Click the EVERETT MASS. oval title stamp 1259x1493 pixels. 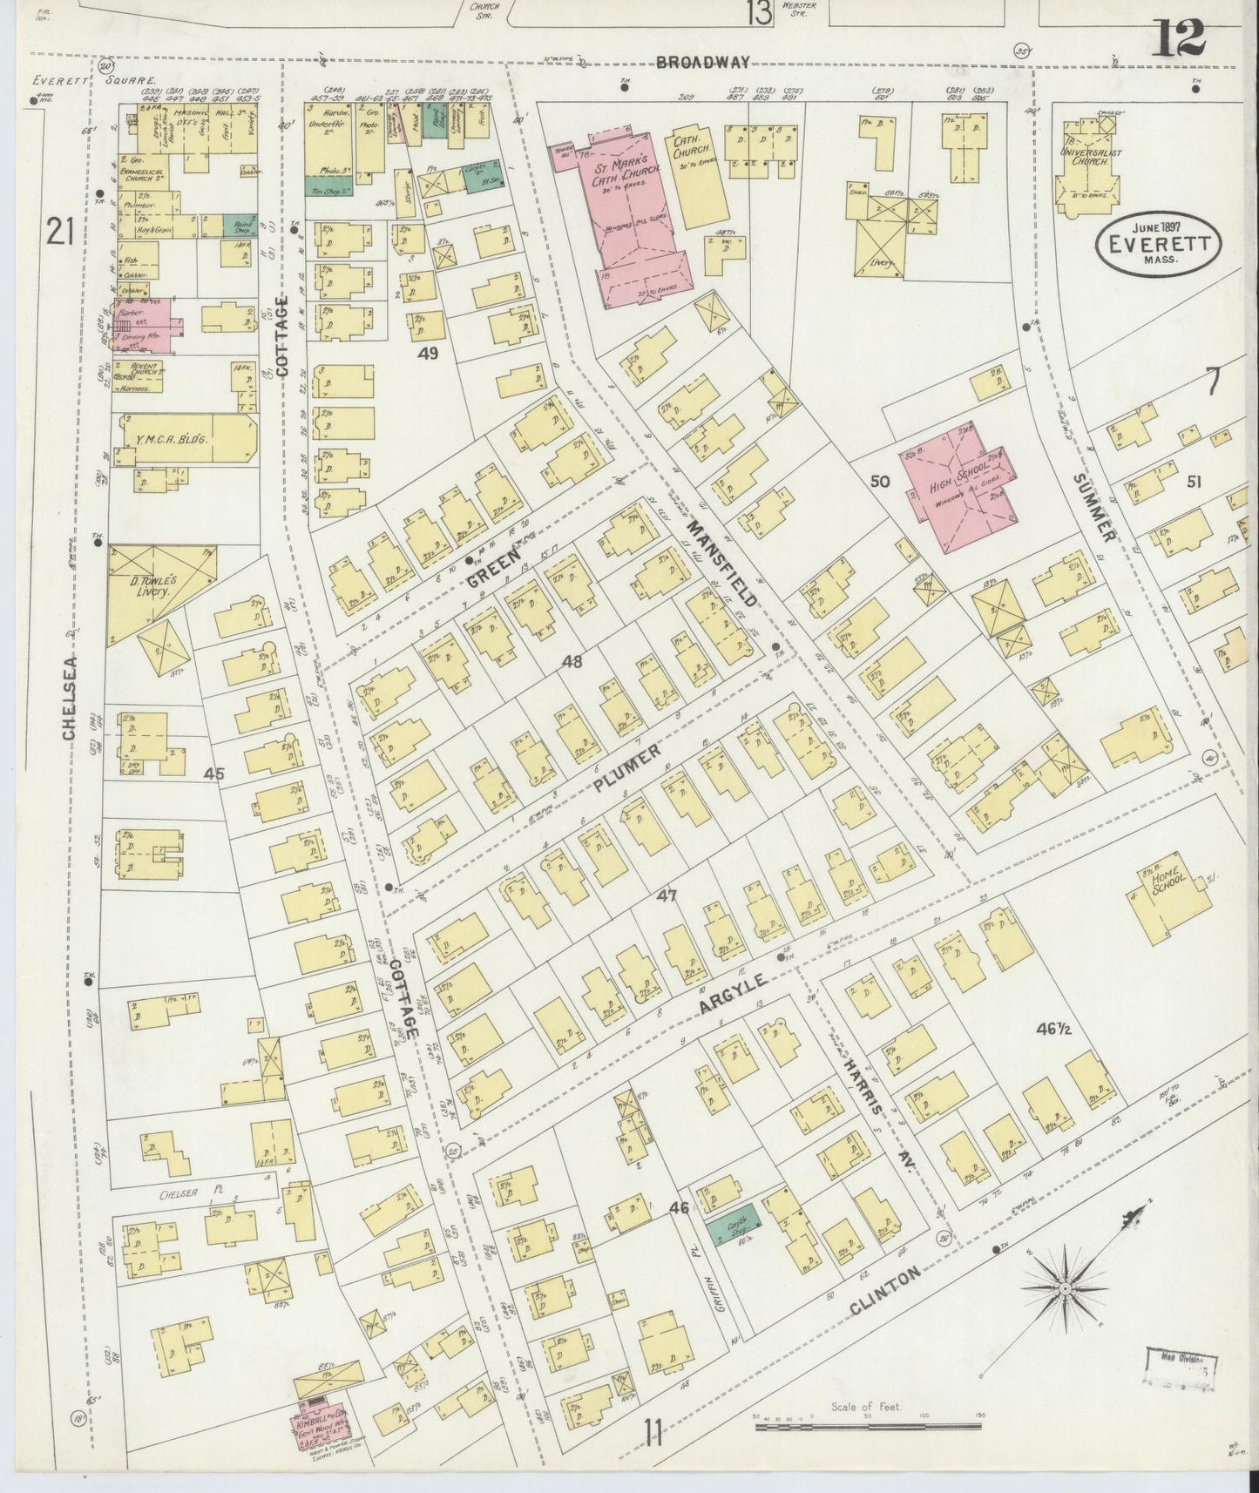(1158, 245)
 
